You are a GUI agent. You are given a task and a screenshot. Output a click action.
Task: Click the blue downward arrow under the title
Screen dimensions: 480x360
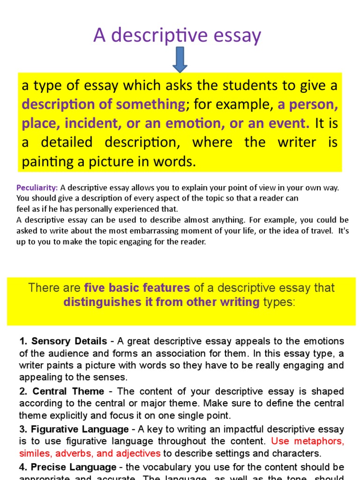click(x=180, y=60)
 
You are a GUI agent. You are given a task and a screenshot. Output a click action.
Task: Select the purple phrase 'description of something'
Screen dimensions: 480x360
click(x=103, y=105)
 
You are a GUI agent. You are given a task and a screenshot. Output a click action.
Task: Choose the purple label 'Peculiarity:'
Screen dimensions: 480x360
click(x=37, y=188)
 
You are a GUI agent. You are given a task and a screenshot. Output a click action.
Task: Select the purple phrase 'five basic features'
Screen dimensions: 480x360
click(x=137, y=288)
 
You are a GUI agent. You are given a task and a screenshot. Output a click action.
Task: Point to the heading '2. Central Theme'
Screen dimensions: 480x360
click(x=61, y=391)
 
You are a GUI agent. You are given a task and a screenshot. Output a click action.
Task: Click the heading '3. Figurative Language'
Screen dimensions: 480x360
click(x=74, y=429)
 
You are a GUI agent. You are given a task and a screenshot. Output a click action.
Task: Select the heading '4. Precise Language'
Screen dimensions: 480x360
click(x=67, y=467)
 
